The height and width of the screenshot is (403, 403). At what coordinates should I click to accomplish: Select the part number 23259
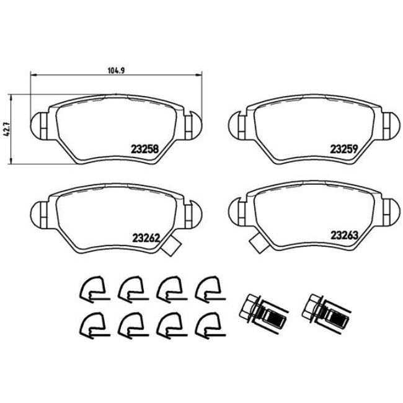[343, 149]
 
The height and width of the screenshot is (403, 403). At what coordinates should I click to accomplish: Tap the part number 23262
[146, 236]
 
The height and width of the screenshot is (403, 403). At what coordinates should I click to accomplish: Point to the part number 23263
[343, 236]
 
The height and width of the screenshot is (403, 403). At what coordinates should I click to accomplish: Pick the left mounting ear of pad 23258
[39, 124]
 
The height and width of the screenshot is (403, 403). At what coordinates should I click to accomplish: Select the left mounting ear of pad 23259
[237, 124]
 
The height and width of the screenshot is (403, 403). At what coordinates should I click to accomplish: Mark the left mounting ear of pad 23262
[39, 211]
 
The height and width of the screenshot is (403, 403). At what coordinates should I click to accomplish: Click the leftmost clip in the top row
[91, 288]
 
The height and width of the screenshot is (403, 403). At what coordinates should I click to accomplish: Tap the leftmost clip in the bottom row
[91, 323]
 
